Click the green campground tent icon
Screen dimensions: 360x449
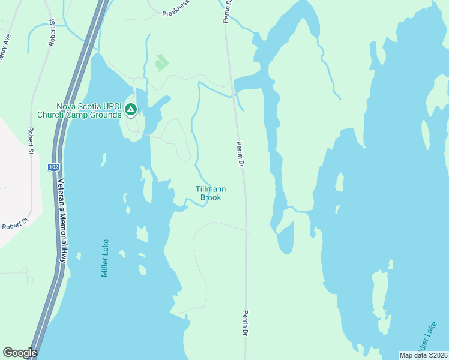tap(131, 109)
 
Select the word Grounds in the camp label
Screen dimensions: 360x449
tap(102, 115)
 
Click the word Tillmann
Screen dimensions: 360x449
tap(211, 189)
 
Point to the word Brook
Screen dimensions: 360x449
tap(211, 197)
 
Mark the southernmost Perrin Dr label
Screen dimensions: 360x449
tap(246, 323)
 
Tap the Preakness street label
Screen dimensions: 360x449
tap(175, 5)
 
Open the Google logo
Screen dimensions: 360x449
tap(20, 353)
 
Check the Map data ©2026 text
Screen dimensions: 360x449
tap(424, 355)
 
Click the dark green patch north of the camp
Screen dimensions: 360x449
tap(160, 62)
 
